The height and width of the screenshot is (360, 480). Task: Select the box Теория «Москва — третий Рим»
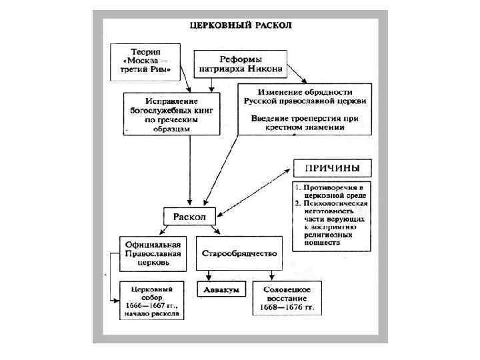pyautogui.click(x=146, y=60)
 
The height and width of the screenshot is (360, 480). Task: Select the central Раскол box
pyautogui.click(x=189, y=217)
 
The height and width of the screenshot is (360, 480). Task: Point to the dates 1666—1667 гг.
pyautogui.click(x=152, y=305)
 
